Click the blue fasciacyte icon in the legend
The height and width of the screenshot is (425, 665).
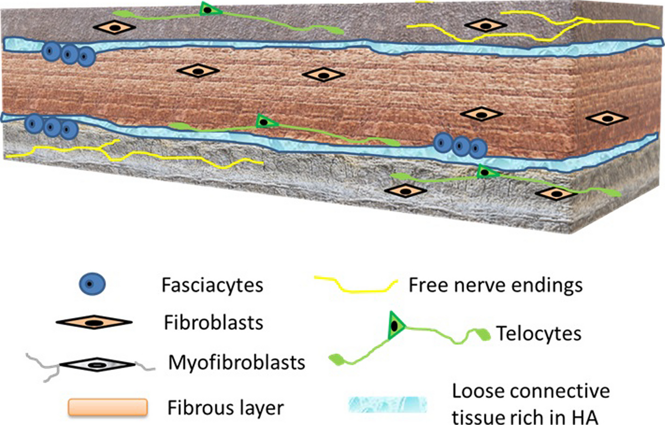[x=93, y=284]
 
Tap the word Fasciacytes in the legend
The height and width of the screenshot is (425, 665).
[x=212, y=285]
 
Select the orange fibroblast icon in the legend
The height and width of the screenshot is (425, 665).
[x=94, y=322]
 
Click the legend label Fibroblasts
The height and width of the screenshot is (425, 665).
[x=213, y=323]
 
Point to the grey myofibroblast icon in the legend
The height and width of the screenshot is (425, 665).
[x=97, y=364]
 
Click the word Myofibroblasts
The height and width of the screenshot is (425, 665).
[x=237, y=363]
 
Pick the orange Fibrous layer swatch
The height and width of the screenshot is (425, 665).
[x=108, y=407]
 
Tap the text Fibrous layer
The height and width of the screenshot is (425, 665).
[x=225, y=408]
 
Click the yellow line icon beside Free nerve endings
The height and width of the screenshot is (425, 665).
[x=355, y=284]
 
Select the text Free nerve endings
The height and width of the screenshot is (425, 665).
[x=495, y=285]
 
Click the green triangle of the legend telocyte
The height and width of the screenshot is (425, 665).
[x=395, y=326]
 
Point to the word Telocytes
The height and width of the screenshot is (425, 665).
[x=539, y=334]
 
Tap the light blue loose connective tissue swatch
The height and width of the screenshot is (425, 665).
[x=387, y=404]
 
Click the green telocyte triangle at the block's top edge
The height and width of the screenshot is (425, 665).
[x=207, y=9]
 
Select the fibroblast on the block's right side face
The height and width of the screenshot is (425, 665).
[x=607, y=118]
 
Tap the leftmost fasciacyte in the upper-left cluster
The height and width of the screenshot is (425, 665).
[x=51, y=51]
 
